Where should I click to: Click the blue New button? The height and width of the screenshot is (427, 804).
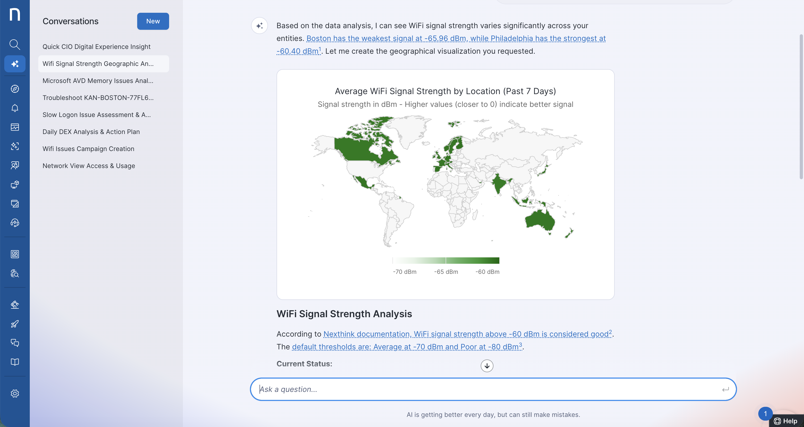point(153,21)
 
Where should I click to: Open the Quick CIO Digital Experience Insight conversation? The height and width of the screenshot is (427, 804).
point(97,47)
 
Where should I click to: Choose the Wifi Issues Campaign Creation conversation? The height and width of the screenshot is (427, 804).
point(88,149)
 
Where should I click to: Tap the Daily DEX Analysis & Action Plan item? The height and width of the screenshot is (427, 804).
point(91,132)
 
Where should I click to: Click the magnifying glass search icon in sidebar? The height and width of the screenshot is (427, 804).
point(15,45)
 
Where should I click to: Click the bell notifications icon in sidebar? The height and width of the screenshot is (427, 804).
point(15,108)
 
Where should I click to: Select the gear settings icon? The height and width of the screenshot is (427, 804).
point(15,393)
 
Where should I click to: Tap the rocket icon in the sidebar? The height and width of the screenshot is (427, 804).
point(15,324)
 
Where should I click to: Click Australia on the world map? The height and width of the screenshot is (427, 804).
point(539,220)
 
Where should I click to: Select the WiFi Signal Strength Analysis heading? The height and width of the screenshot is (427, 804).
point(344,314)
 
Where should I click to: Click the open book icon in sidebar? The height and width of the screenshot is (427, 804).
point(15,362)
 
